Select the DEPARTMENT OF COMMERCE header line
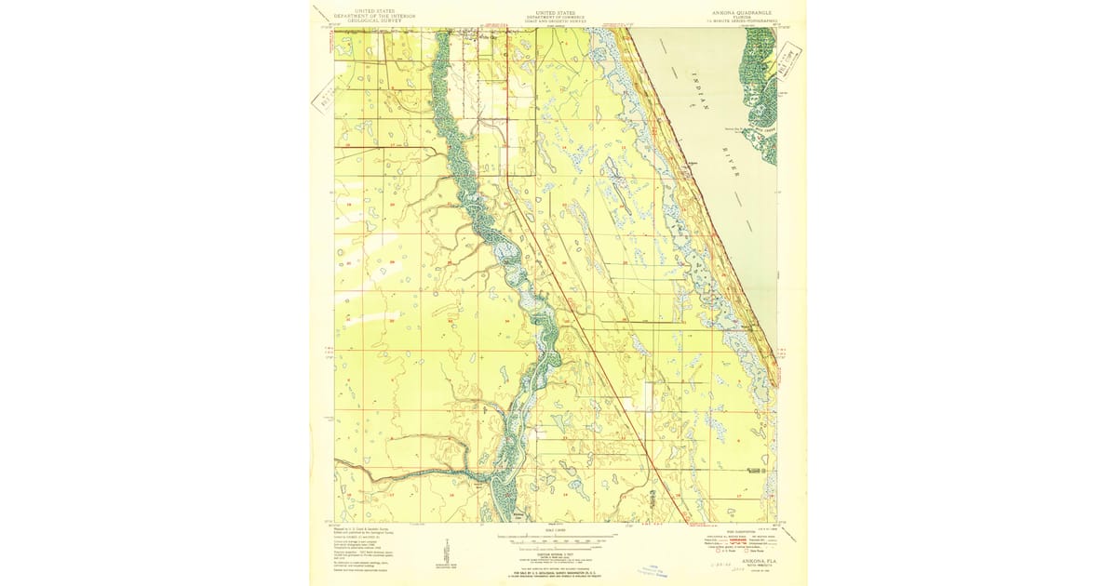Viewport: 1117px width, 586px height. pyautogui.click(x=558, y=17)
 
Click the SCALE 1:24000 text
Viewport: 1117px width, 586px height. pyautogui.click(x=558, y=531)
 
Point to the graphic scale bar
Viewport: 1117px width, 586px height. pyautogui.click(x=558, y=539)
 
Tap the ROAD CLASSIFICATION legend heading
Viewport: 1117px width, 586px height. pyautogui.click(x=731, y=530)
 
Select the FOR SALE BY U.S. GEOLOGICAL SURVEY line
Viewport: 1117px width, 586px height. pyautogui.click(x=558, y=569)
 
